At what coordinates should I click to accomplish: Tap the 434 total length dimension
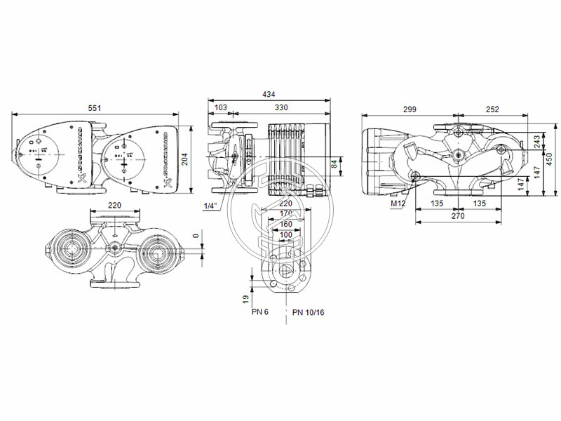coord(269,94)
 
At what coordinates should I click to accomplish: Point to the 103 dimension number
coord(220,108)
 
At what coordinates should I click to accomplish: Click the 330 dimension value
coord(280,108)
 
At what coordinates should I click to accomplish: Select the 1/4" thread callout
coord(209,206)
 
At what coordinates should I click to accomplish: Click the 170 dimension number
coord(286,214)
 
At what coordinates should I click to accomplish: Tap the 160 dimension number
coord(286,225)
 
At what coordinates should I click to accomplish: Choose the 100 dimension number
coord(286,234)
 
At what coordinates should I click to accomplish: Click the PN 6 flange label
coord(260,312)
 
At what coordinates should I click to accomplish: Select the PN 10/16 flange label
coord(309,312)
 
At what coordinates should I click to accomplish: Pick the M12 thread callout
coord(398,204)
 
